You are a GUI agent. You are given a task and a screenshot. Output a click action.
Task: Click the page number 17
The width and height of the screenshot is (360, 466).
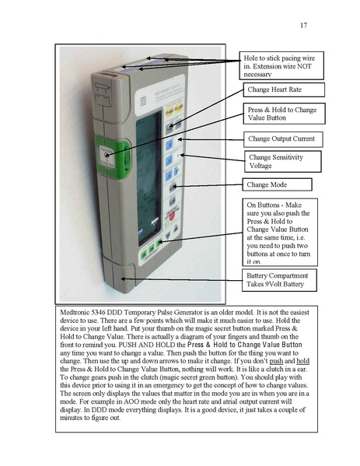click(303, 26)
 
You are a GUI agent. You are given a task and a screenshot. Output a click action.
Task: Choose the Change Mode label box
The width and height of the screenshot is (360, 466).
click(278, 185)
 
